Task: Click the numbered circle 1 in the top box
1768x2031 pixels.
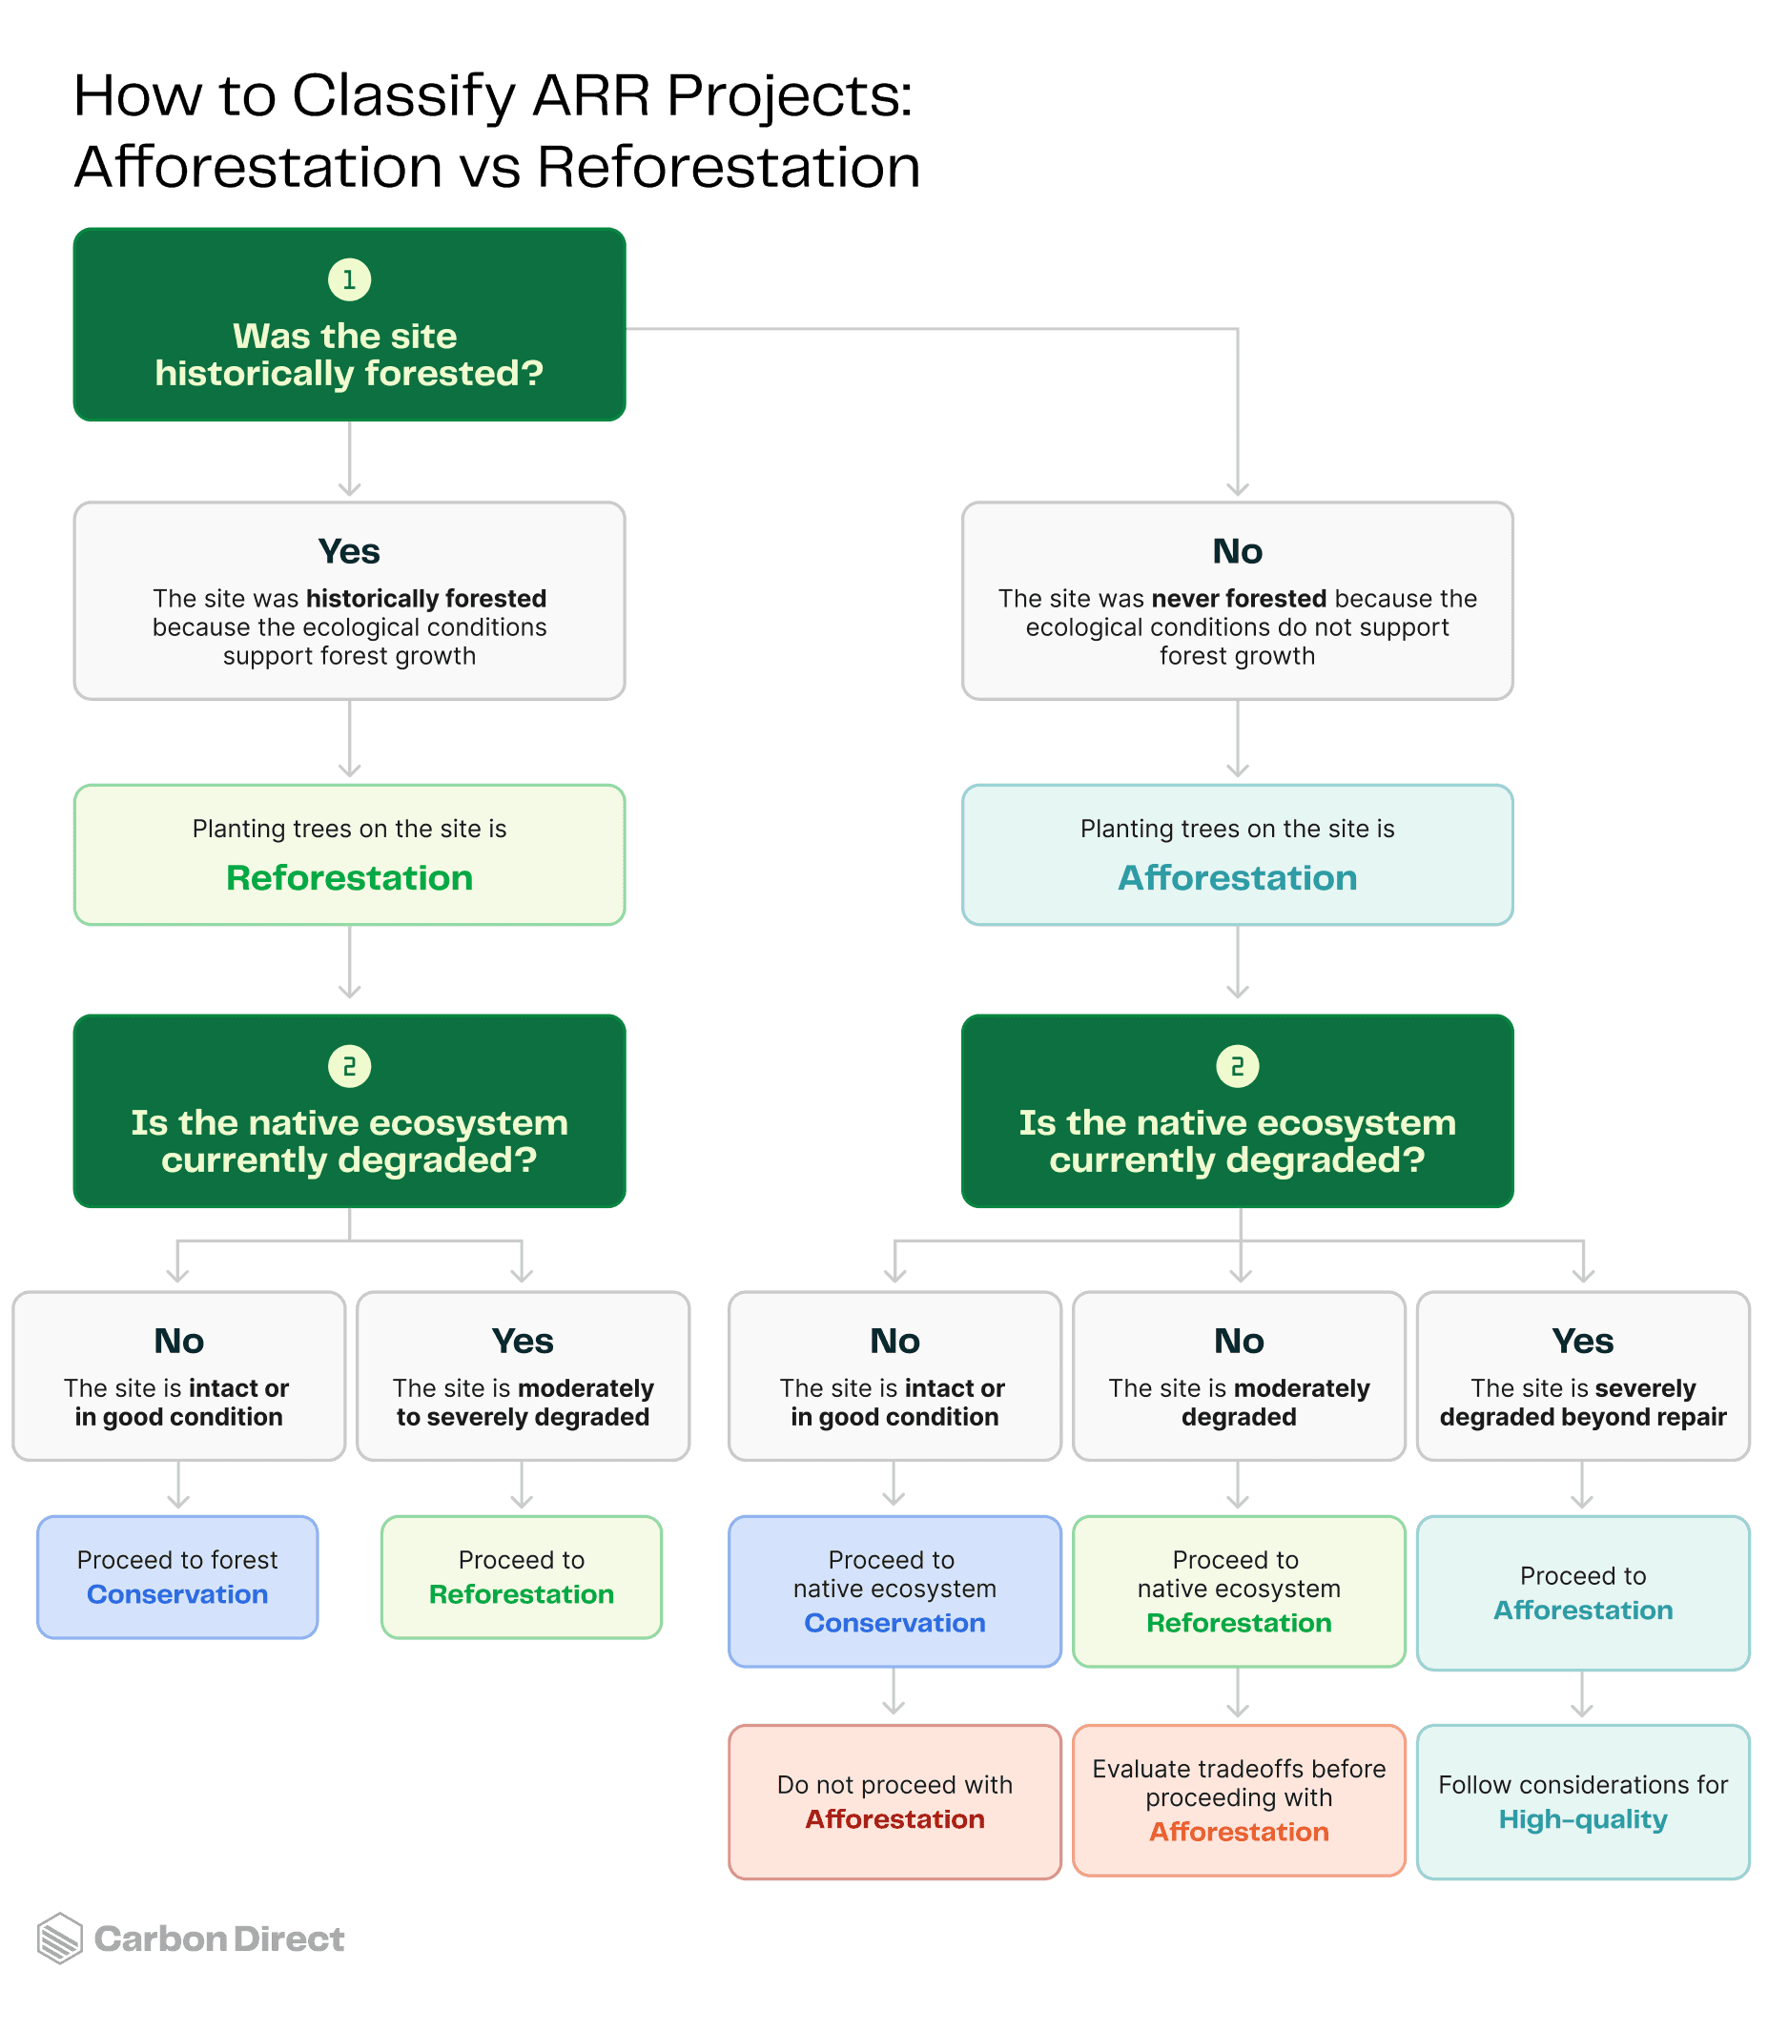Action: point(349,279)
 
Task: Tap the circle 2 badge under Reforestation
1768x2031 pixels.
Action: point(349,1066)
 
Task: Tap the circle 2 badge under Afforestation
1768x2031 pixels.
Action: point(1237,1066)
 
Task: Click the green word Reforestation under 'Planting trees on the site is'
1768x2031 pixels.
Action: point(349,878)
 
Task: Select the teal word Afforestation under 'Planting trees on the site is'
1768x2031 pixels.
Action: point(1237,878)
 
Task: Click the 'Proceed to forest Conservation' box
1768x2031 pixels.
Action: point(177,1576)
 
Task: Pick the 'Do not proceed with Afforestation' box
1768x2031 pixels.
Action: point(894,1801)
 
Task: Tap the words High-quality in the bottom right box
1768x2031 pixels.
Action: point(1582,1819)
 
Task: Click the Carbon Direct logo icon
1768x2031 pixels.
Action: point(59,1939)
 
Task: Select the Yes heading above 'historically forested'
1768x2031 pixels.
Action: point(349,551)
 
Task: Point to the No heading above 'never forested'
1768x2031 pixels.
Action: point(1237,551)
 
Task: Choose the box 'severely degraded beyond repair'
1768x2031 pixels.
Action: point(1582,1375)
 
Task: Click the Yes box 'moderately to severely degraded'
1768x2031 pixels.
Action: point(523,1375)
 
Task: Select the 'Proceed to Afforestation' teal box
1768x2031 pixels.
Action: point(1582,1592)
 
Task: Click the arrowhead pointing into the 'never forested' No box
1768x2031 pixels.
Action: point(1237,489)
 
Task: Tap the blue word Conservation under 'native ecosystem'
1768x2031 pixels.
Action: point(894,1623)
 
